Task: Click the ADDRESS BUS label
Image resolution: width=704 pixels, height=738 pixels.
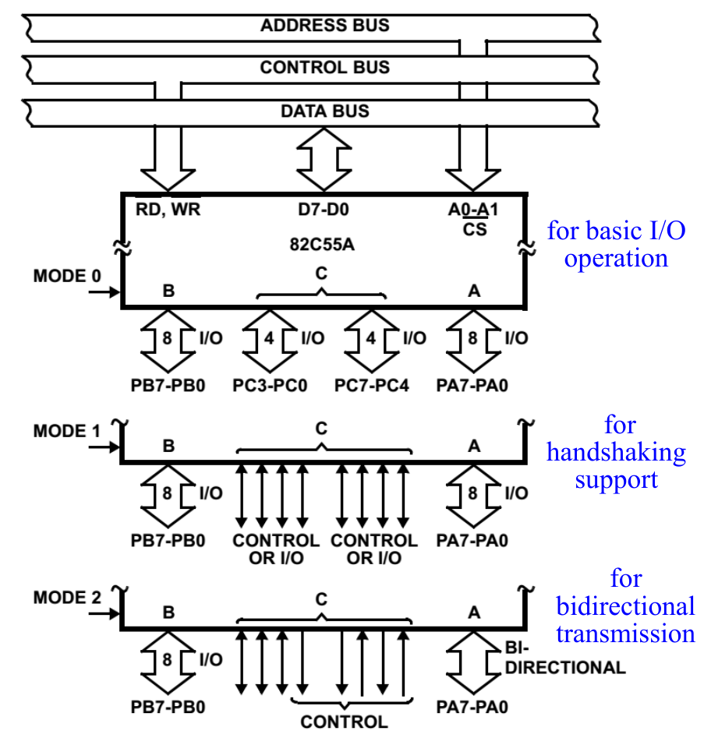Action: pyautogui.click(x=325, y=25)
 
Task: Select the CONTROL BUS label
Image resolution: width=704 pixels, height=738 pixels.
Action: pyautogui.click(x=325, y=68)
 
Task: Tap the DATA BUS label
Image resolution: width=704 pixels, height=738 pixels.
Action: pyautogui.click(x=325, y=111)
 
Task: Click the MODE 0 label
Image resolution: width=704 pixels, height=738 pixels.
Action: pyautogui.click(x=68, y=276)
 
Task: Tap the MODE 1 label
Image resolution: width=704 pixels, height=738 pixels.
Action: pyautogui.click(x=68, y=431)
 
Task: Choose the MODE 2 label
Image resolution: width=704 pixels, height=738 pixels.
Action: pyautogui.click(x=68, y=598)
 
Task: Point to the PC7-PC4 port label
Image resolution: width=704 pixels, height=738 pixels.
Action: pyautogui.click(x=372, y=385)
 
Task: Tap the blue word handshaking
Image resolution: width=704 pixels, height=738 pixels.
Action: pyautogui.click(x=616, y=452)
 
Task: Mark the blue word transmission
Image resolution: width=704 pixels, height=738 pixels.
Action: pyautogui.click(x=625, y=633)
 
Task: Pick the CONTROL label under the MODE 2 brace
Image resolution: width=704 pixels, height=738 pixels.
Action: pyautogui.click(x=344, y=722)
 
